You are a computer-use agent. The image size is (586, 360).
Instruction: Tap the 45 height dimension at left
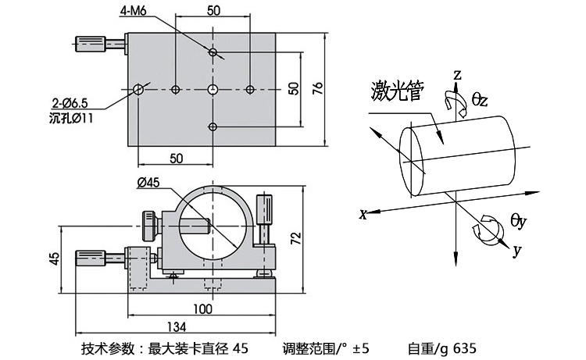click(x=53, y=258)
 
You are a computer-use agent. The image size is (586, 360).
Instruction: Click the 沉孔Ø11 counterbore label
click(x=70, y=118)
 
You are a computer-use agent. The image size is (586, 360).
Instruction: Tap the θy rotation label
click(x=519, y=222)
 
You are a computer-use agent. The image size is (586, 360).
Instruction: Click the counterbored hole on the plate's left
click(x=138, y=89)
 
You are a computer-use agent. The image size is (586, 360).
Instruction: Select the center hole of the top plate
click(x=213, y=89)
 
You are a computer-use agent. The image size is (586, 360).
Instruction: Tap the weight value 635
click(x=463, y=348)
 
